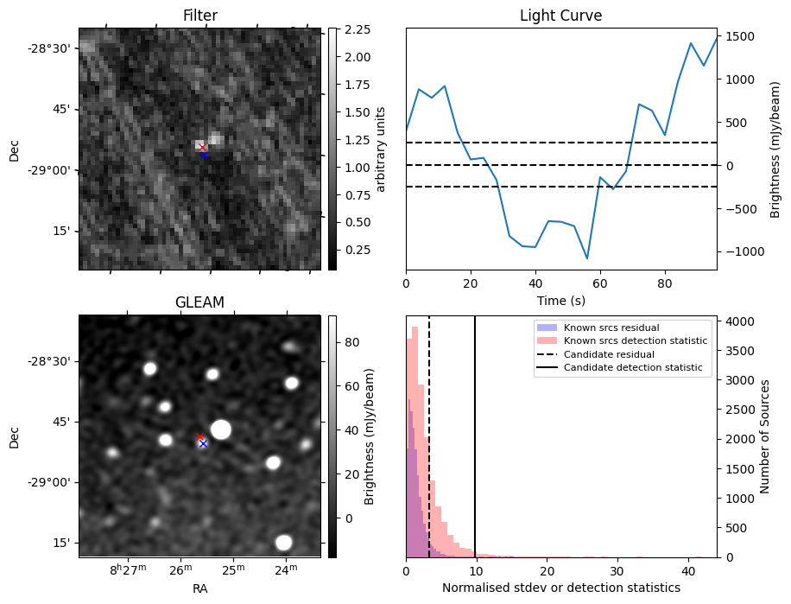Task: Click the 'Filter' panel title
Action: [x=199, y=16]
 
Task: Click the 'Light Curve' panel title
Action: [x=560, y=16]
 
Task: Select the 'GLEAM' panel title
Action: [x=199, y=302]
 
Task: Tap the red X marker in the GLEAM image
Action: [x=200, y=437]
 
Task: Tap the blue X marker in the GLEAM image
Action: [x=203, y=443]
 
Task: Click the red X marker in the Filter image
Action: [x=202, y=148]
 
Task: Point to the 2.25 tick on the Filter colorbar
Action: [x=357, y=29]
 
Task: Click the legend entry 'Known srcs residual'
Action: [x=611, y=328]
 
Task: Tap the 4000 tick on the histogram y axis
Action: [x=741, y=321]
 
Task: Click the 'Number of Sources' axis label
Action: [x=764, y=436]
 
